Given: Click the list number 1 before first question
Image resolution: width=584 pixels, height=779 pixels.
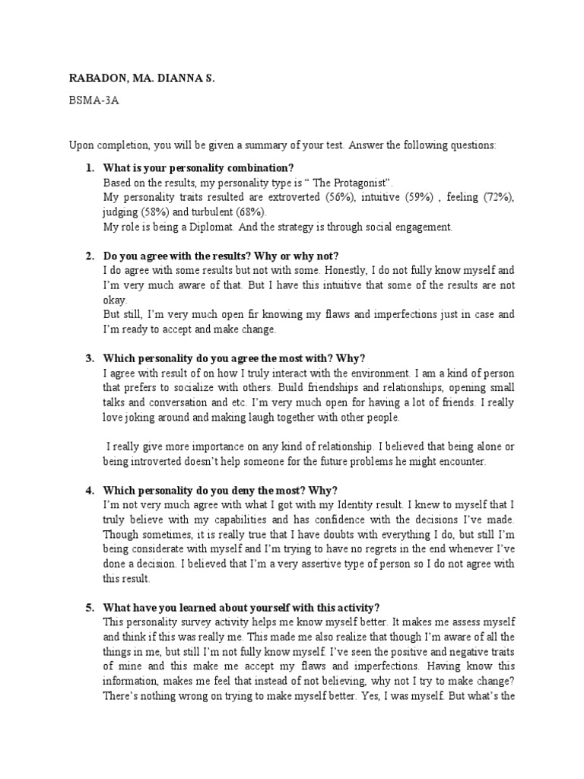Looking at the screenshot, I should (x=88, y=167).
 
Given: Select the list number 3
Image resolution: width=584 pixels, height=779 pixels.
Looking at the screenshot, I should (x=88, y=358).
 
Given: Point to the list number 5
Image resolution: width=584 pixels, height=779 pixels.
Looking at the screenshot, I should (x=88, y=607).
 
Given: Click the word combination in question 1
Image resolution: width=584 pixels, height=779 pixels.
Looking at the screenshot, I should (x=257, y=167).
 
